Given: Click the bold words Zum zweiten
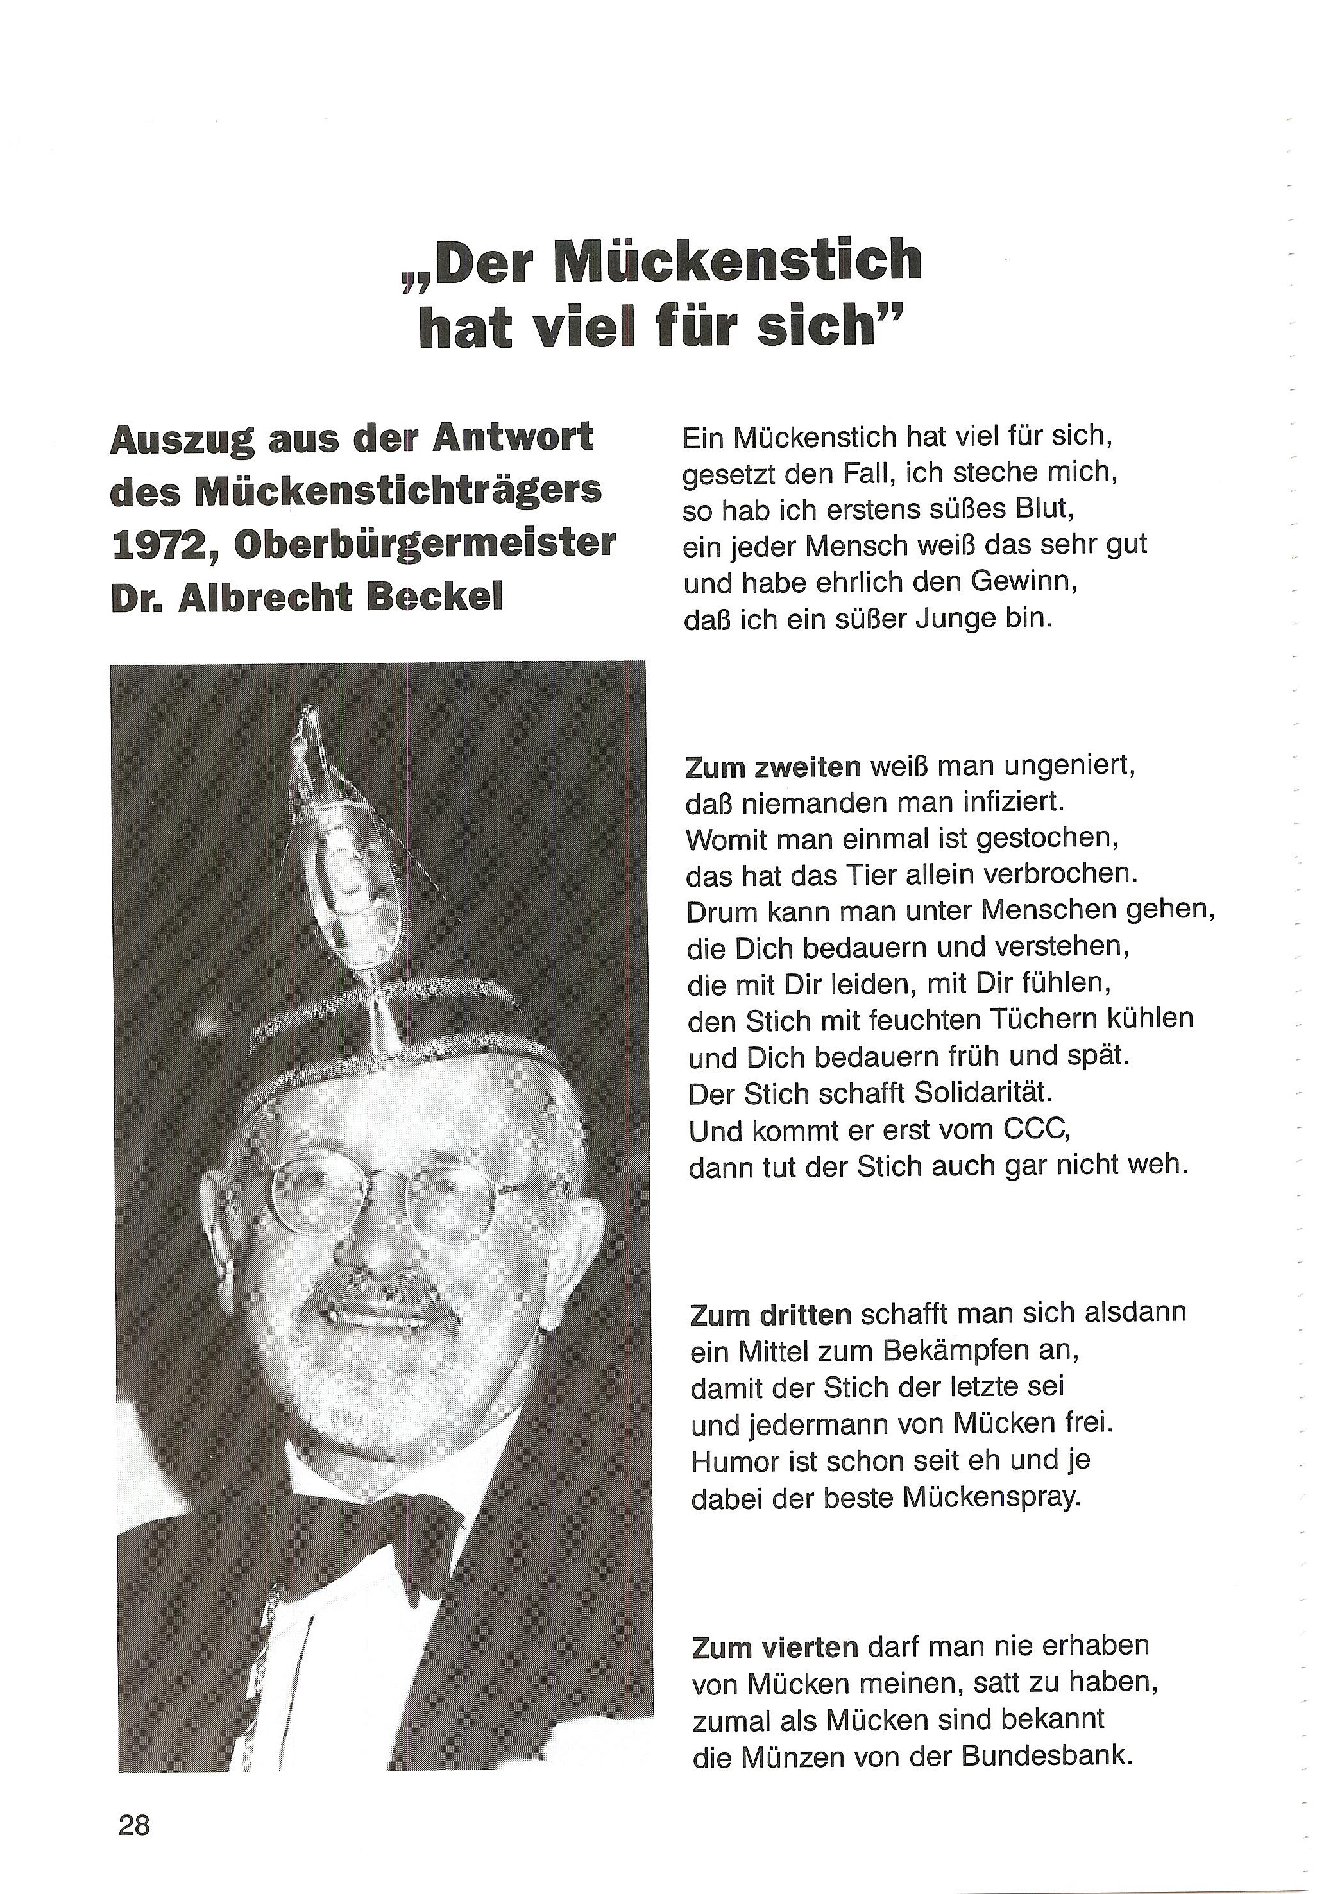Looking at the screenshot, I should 773,767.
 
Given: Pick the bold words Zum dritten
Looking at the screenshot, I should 770,1315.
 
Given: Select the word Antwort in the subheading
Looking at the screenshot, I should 513,437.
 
